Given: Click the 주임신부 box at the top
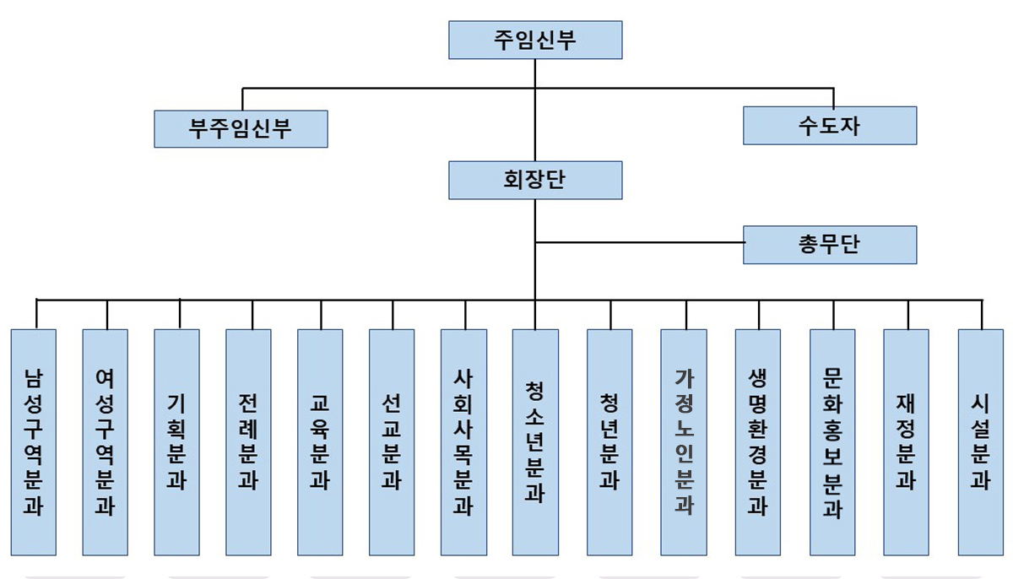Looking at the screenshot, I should point(535,41).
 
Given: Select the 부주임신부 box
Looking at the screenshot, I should point(241,128).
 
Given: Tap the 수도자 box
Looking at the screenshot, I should point(830,126).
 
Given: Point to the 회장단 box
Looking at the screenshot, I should point(535,180).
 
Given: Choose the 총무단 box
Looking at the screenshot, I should point(830,245).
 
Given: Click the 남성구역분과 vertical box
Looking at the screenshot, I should point(34,441).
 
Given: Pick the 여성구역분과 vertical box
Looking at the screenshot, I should point(106,441).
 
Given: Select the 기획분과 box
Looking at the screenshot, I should point(177,441).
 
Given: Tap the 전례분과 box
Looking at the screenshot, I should point(249,441).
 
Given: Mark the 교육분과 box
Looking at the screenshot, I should point(320,441).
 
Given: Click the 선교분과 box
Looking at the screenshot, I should point(392,441).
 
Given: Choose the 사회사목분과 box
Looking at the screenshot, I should point(463,441).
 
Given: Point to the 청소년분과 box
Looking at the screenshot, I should point(535,441).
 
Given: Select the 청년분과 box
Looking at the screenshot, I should point(609,441).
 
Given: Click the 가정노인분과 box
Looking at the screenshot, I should point(684,441).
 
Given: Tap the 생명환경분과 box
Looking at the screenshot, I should point(758,441).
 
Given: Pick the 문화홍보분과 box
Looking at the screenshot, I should point(832,441).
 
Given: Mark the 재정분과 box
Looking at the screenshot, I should point(907,441).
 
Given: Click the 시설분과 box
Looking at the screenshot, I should point(981,441).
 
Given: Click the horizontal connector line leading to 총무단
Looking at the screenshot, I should point(640,243).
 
